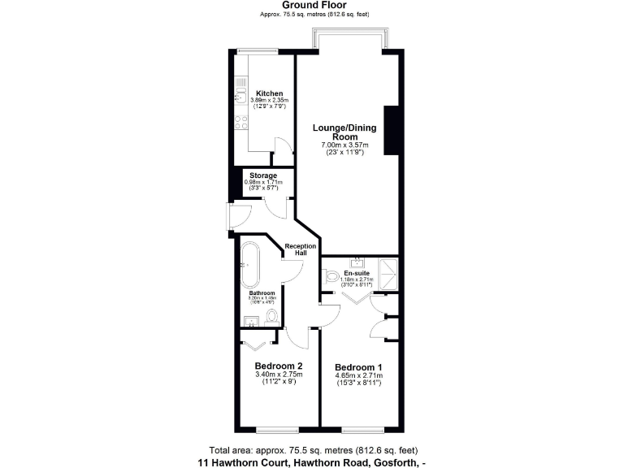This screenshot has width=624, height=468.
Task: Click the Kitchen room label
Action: [269, 93]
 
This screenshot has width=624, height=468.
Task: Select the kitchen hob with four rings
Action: [240, 123]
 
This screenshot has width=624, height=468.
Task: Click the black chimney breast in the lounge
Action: [390, 130]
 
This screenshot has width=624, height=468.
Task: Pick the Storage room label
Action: [263, 175]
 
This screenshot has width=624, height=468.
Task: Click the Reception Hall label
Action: [301, 250]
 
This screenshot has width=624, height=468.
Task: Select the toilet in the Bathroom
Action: [273, 315]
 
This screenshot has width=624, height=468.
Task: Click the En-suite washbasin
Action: [357, 262]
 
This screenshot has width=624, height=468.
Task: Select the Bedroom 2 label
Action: [279, 365]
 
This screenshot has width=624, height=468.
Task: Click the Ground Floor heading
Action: [310, 5]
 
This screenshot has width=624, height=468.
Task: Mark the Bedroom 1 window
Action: [361, 428]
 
